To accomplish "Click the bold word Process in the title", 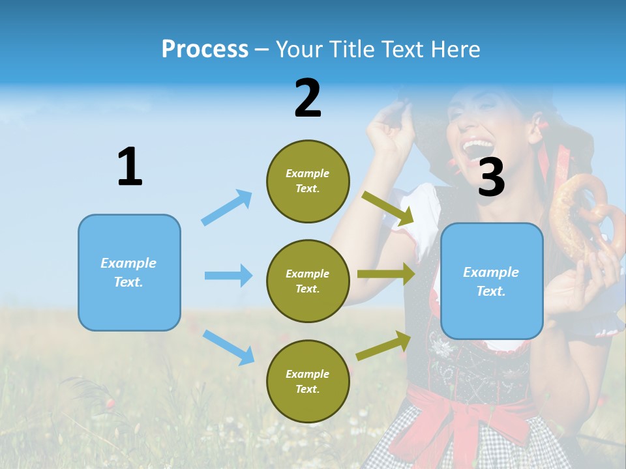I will [205, 49].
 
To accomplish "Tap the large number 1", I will [130, 167].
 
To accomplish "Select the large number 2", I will [308, 98].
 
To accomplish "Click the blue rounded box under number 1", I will [129, 272].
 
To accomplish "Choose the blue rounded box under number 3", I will [492, 281].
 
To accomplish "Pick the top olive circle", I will [308, 181].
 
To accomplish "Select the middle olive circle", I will [308, 281].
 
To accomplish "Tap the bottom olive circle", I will [308, 381].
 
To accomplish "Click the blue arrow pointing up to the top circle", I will [227, 208].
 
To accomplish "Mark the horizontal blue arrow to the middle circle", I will [228, 276].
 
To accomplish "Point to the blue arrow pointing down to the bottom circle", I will [228, 347].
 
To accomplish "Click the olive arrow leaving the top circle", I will [387, 208].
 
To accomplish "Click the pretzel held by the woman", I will [580, 215].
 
